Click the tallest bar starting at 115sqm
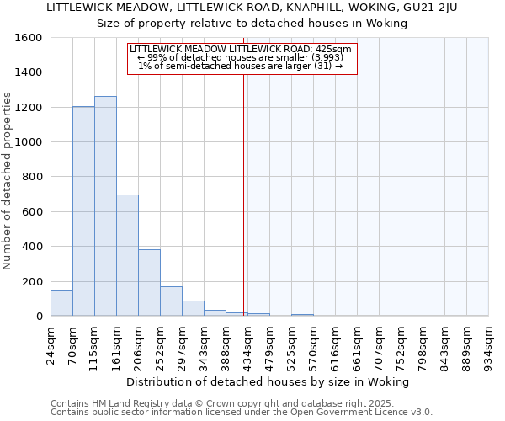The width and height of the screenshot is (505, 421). pos(105,206)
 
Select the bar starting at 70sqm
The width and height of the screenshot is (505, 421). pos(83,211)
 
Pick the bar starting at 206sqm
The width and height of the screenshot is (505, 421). pos(149,283)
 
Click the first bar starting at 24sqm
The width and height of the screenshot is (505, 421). pos(61,303)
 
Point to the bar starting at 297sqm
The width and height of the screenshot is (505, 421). pos(193,308)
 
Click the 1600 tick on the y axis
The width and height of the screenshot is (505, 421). pos(29,38)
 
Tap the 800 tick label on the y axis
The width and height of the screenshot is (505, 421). pos(33,178)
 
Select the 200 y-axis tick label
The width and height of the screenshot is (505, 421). pos(33,282)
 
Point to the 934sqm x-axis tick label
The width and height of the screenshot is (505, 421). pos(488,341)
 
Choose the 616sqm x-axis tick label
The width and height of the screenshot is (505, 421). pos(335,341)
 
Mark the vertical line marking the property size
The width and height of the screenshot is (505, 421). pos(244,194)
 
